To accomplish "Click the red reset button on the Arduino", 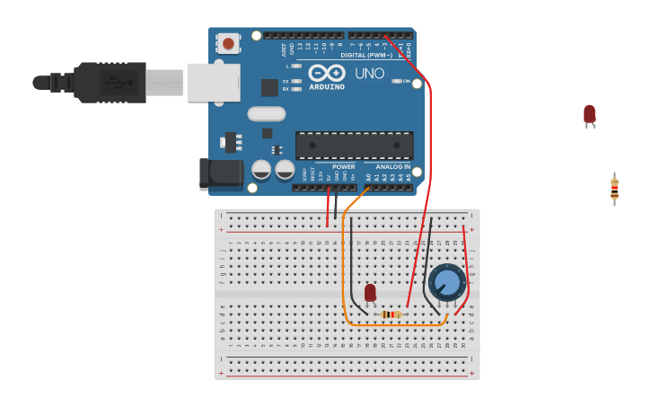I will click(x=229, y=42).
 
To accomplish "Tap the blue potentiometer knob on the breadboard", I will click(x=446, y=281).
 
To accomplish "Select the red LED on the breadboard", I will click(x=370, y=292).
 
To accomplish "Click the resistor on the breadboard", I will click(x=391, y=314).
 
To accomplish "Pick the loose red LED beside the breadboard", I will click(x=589, y=114).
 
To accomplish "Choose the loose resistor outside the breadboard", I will click(x=614, y=189).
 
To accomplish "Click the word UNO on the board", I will click(x=369, y=74).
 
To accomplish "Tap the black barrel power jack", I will click(x=221, y=173).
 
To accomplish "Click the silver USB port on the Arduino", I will click(x=214, y=83).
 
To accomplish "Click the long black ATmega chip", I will click(x=355, y=145).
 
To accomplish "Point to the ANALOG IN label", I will click(x=392, y=166).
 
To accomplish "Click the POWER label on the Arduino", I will click(x=344, y=166).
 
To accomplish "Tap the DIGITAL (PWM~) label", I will click(x=365, y=55).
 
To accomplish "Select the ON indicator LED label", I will click(x=407, y=81).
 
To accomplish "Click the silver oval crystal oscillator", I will click(x=266, y=114).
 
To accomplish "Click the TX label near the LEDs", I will click(x=286, y=81).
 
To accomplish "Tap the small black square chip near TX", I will click(x=269, y=87).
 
